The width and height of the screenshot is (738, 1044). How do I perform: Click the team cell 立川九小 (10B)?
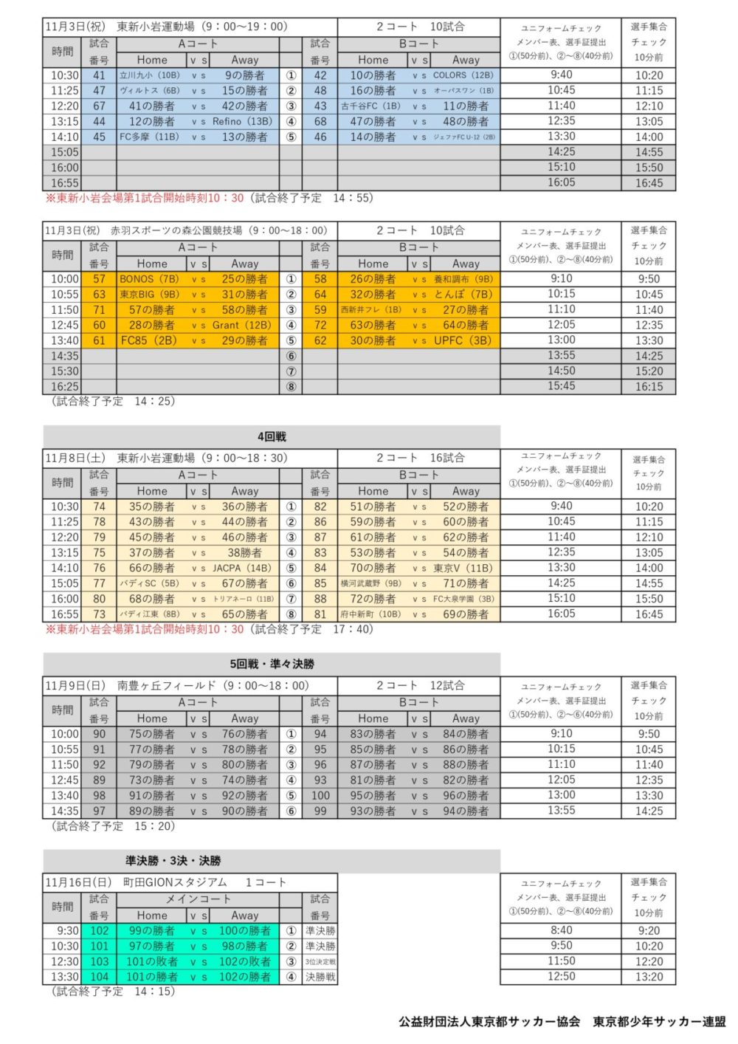(150, 75)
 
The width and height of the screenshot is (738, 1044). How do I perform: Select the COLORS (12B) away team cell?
(463, 75)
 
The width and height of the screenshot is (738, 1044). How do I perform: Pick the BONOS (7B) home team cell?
(150, 279)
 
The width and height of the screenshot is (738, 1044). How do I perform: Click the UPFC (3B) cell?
(463, 340)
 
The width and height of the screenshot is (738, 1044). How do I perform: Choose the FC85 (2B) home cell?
(150, 340)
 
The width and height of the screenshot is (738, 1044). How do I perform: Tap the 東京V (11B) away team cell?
(463, 569)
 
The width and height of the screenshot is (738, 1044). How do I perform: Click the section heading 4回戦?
(272, 436)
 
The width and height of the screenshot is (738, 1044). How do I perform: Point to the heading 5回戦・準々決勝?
(272, 664)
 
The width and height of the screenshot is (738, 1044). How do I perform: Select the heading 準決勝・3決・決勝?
(173, 860)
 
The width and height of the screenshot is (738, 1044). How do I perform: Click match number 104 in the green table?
(99, 977)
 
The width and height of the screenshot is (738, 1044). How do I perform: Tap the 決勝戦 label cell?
(320, 977)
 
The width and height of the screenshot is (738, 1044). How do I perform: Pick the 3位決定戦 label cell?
(320, 961)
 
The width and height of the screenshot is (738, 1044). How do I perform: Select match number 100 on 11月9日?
(320, 796)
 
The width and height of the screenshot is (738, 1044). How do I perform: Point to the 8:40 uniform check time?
(561, 930)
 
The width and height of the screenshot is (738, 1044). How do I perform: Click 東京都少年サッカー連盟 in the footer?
(659, 1022)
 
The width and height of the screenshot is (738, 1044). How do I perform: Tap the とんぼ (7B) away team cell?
(463, 295)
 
